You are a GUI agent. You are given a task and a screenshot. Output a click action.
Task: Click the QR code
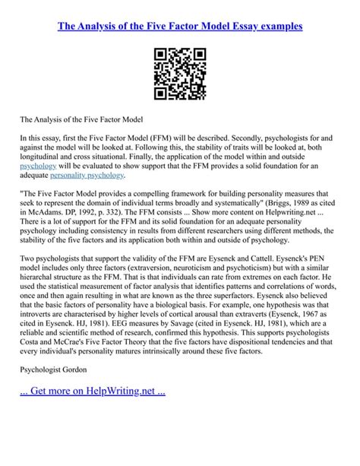click(180, 74)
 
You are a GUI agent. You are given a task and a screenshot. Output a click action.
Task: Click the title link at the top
click(180, 26)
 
